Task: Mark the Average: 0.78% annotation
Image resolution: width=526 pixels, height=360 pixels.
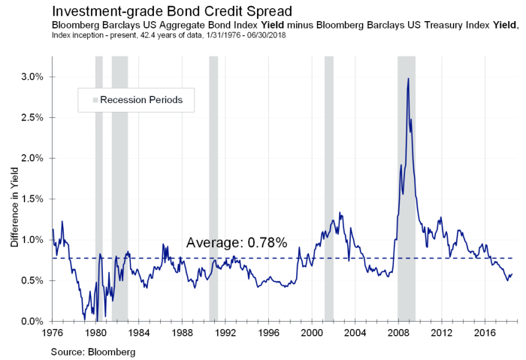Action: (x=236, y=244)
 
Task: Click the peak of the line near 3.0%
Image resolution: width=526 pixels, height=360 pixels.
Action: (x=408, y=78)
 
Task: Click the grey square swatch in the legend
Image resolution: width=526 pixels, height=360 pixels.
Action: (x=95, y=100)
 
